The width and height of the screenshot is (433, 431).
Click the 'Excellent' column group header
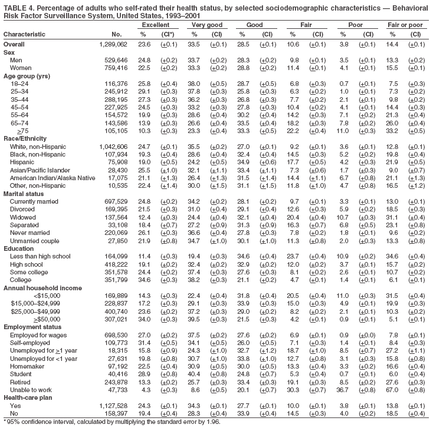[153, 26]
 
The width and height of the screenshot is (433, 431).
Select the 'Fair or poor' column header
[406, 26]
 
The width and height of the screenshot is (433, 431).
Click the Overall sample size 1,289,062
[110, 44]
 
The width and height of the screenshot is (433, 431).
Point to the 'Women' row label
[21, 68]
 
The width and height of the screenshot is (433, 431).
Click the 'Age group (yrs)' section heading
[27, 77]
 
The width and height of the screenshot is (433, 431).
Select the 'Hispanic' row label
[22, 160]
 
